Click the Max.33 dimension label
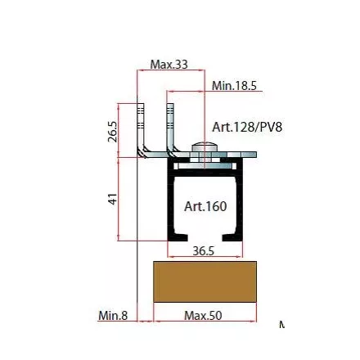tap(169, 65)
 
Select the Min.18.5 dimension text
tap(234, 86)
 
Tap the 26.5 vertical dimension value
tap(113, 132)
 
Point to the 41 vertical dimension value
tap(113, 199)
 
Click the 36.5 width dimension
tap(204, 251)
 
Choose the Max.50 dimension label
tap(203, 316)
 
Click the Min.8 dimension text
tap(113, 316)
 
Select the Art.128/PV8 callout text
tap(247, 127)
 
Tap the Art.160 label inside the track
tap(205, 206)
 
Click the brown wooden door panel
tap(205, 281)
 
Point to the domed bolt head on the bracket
tap(205, 146)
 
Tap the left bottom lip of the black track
tap(178, 237)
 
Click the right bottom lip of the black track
tap(232, 237)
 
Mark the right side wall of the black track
tap(239, 199)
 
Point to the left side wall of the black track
tap(170, 199)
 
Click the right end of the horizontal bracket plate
tap(256, 155)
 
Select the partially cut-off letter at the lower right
tap(282, 324)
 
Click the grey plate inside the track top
tap(205, 166)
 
